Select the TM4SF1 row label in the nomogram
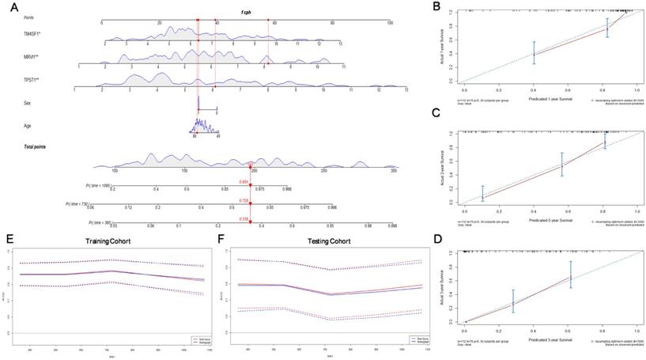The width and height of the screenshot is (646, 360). click(33, 35)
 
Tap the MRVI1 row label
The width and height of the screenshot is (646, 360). click(32, 58)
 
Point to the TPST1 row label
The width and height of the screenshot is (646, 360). click(32, 81)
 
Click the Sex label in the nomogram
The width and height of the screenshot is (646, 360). click(28, 103)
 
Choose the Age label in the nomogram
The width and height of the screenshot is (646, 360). click(28, 125)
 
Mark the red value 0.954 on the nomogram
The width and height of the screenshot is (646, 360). click(244, 181)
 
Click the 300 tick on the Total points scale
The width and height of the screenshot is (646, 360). click(394, 170)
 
